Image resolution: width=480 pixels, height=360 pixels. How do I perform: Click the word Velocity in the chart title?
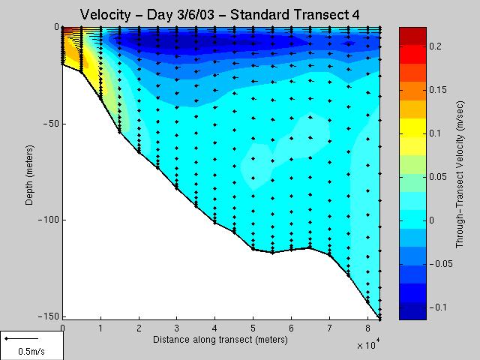click(x=105, y=15)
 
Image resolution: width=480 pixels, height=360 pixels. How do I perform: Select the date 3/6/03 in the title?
click(x=180, y=15)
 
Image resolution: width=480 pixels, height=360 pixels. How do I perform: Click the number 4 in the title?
click(x=355, y=14)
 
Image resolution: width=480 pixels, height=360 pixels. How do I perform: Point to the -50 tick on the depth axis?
click(x=48, y=124)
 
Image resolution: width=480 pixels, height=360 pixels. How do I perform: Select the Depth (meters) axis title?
click(x=29, y=175)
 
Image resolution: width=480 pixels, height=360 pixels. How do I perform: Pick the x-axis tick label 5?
click(x=253, y=328)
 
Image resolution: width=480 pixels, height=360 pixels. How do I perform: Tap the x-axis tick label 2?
click(x=139, y=328)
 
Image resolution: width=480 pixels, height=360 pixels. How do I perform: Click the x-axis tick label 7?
click(x=329, y=328)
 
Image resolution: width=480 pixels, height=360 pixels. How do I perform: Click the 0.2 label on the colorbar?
click(x=435, y=46)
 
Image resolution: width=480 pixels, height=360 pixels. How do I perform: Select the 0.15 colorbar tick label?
click(x=438, y=90)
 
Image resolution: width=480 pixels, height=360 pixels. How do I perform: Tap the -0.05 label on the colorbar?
click(x=441, y=263)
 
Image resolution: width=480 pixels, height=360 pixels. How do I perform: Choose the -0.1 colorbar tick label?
click(x=438, y=307)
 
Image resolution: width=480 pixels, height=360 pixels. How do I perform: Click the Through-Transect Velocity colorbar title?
click(x=460, y=174)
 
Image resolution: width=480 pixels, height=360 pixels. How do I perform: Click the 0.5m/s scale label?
click(x=31, y=351)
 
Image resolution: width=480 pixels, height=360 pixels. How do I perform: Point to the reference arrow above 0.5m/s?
click(x=22, y=338)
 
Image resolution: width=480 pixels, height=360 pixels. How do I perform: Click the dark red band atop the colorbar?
click(x=412, y=36)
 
